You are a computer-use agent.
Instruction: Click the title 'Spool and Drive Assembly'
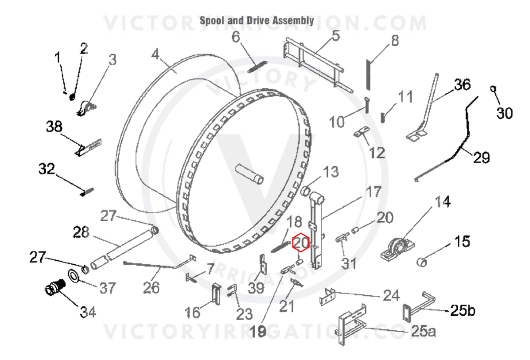[257, 21]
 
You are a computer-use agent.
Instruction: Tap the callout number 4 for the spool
[155, 54]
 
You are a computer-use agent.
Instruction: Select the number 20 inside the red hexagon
[300, 242]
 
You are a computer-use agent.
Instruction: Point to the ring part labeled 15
[422, 261]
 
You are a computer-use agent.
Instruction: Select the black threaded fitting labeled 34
[55, 288]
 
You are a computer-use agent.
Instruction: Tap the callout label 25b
[462, 310]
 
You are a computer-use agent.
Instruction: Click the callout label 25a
[423, 331]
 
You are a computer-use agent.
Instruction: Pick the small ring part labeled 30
[493, 89]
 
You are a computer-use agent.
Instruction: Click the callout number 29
[481, 157]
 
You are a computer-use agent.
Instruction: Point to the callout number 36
[462, 85]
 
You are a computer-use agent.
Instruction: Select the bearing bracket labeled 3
[86, 108]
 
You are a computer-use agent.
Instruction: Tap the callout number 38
[55, 127]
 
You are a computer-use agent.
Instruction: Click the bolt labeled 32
[87, 192]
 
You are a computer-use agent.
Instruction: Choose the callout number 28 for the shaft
[81, 233]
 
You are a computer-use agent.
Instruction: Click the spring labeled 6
[257, 66]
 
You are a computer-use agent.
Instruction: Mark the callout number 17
[374, 192]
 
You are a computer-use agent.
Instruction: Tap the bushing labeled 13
[306, 191]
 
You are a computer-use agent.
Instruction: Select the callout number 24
[391, 296]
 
